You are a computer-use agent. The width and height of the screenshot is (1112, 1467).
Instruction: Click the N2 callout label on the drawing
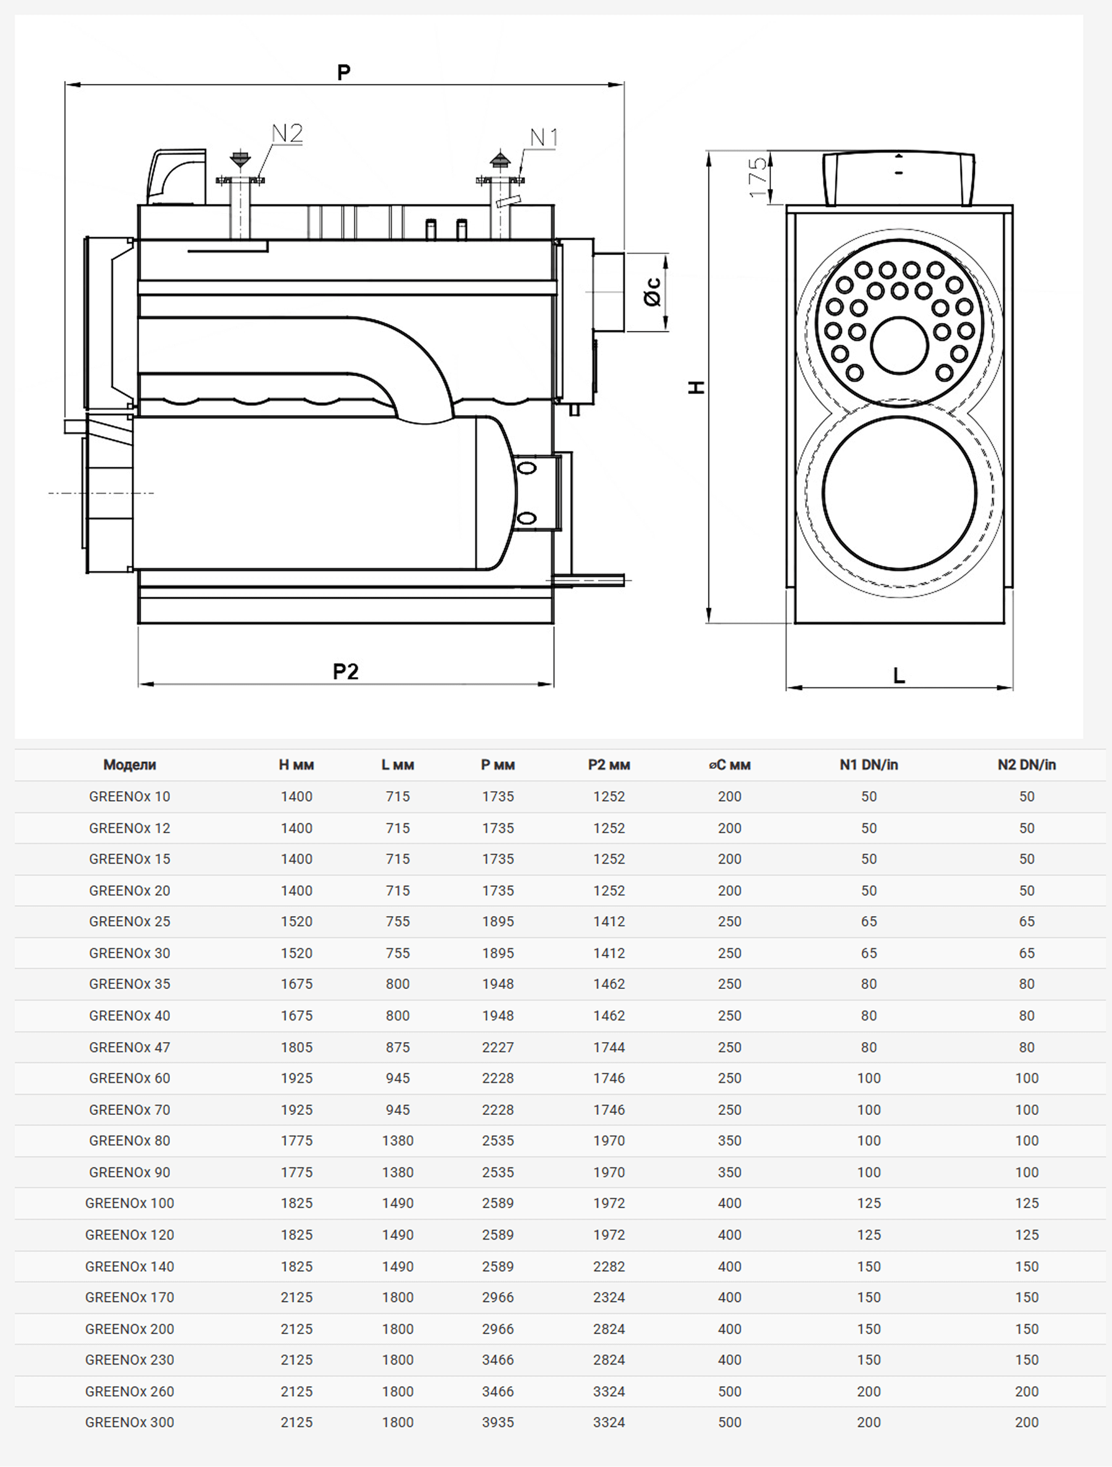(287, 133)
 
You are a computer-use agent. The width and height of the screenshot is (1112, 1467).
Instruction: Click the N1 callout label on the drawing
(544, 138)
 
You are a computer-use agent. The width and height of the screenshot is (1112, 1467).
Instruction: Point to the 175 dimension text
(757, 177)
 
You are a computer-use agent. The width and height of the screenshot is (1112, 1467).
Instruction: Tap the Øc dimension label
(653, 292)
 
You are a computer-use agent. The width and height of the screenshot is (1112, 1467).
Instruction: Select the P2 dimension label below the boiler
(346, 672)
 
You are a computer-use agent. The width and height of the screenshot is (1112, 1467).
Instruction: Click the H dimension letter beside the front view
(696, 387)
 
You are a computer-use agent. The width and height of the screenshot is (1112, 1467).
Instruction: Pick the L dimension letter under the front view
(899, 676)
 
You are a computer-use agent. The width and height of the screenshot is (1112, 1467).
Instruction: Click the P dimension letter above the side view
(343, 72)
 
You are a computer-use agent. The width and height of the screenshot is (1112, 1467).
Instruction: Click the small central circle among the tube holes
(899, 345)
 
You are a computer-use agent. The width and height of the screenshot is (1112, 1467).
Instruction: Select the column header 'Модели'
(129, 765)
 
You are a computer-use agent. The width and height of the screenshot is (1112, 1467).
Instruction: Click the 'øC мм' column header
(729, 765)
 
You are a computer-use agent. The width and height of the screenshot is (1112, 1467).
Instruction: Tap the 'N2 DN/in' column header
(1026, 765)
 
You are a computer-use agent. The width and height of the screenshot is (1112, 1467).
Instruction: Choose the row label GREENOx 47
(129, 1047)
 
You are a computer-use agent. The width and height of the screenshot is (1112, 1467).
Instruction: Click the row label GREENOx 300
(129, 1422)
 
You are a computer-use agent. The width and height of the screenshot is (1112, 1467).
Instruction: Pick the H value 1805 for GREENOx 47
(297, 1047)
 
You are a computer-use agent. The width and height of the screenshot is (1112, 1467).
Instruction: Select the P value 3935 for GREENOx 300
(497, 1422)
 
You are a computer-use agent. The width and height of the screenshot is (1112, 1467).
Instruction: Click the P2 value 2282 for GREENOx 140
(609, 1266)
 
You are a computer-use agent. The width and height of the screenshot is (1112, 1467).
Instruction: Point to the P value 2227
(497, 1047)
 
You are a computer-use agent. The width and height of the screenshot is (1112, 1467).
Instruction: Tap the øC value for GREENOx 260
(729, 1392)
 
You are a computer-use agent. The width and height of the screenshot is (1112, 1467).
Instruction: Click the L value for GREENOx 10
(397, 797)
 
